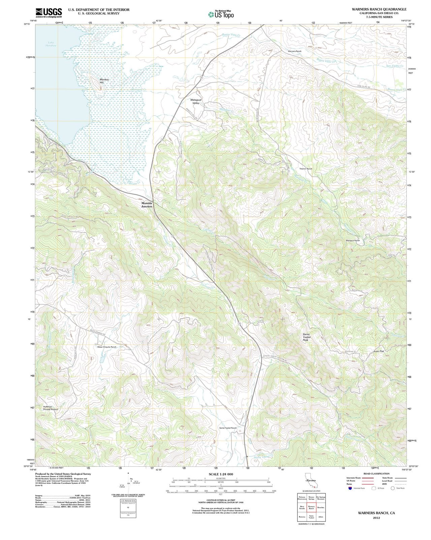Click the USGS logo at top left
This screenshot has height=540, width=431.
49,13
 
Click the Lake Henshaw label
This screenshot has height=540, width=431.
51,44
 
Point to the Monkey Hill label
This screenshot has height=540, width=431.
104,81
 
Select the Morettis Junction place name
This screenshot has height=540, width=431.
147,205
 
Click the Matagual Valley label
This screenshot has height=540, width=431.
195,101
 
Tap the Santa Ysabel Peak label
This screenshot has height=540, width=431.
305,337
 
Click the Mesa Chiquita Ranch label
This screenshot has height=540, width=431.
106,347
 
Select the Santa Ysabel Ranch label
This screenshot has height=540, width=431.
228,428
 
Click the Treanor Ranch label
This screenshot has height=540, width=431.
306,168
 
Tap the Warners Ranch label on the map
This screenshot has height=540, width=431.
294,51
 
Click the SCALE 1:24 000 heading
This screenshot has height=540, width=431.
221,474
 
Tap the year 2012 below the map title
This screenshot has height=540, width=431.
376,518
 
